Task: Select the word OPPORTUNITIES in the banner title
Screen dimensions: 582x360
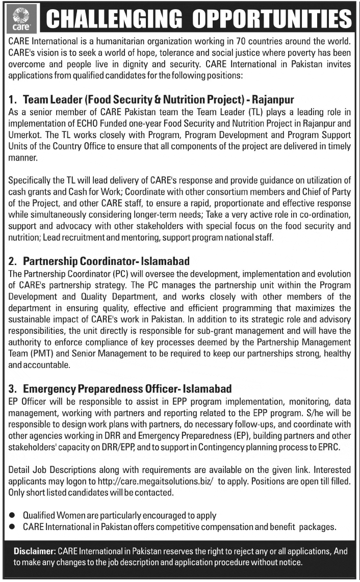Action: pyautogui.click(x=275, y=19)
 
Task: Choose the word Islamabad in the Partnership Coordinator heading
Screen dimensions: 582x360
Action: pyautogui.click(x=164, y=261)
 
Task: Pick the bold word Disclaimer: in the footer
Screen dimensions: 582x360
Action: pyautogui.click(x=35, y=551)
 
